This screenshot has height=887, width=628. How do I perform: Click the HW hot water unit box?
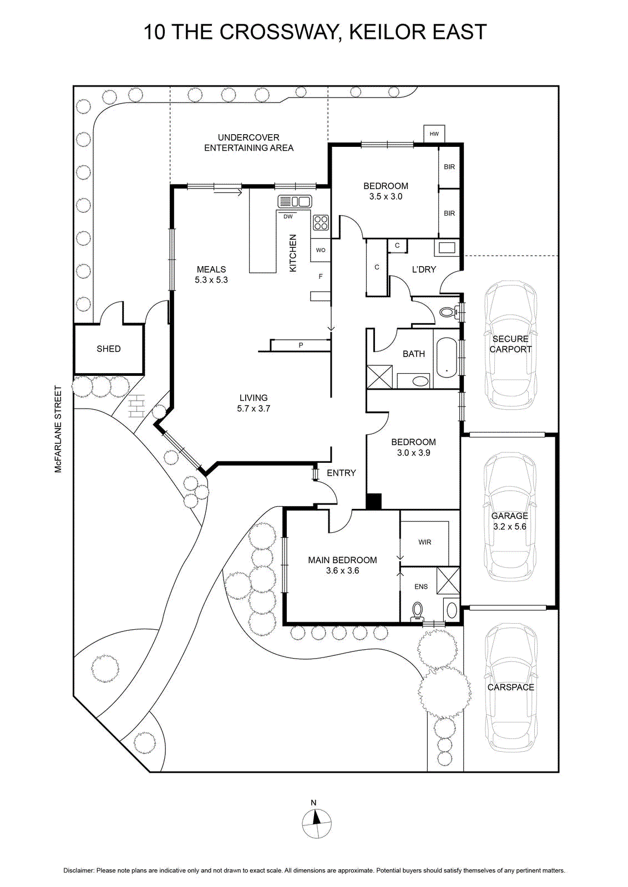[434, 134]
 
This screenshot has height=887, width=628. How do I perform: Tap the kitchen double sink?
[294, 202]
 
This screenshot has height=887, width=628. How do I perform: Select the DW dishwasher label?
[288, 217]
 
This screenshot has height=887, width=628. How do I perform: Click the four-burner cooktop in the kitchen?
[321, 222]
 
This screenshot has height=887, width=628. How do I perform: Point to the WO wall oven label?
[321, 250]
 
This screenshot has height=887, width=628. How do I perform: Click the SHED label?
[109, 349]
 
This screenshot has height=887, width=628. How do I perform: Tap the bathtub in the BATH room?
[447, 358]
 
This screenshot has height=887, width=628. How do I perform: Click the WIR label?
[424, 542]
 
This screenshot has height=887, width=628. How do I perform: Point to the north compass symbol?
[316, 824]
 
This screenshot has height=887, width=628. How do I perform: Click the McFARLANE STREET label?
[59, 429]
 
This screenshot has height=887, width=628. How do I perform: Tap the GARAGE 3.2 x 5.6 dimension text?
[509, 526]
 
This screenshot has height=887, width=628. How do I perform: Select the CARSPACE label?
[511, 687]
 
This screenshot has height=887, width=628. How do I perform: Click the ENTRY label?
[341, 472]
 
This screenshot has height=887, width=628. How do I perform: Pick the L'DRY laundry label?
[424, 269]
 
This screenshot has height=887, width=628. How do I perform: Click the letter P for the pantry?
[301, 345]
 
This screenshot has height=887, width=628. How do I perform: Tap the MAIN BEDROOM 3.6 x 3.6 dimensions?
[342, 570]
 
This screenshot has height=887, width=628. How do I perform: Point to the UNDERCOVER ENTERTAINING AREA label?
[249, 142]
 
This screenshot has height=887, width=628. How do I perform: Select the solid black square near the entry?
[373, 501]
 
